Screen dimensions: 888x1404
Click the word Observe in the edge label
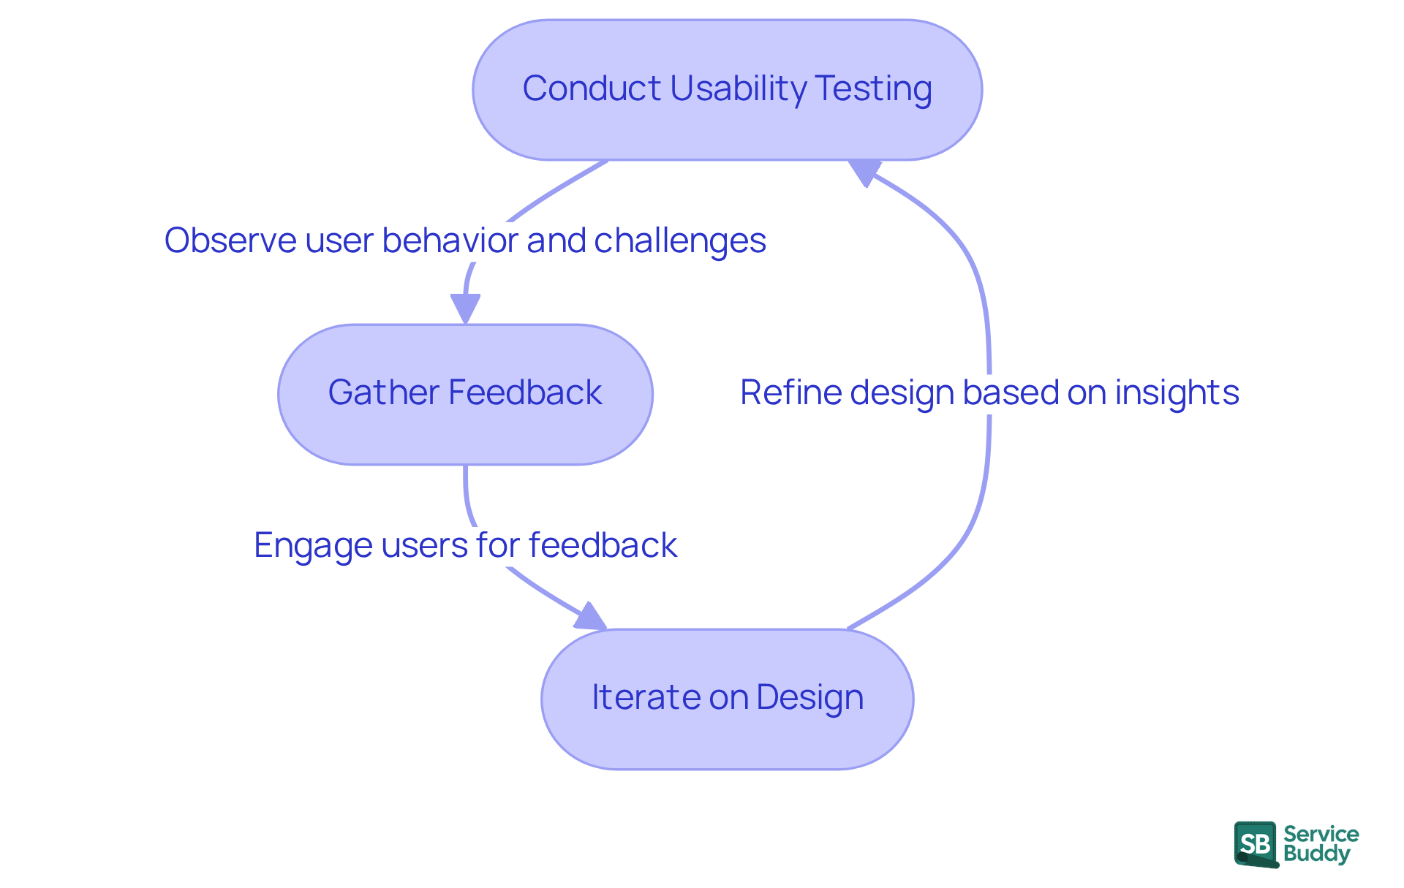[x=230, y=240]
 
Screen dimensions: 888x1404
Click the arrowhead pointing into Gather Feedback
[x=465, y=307]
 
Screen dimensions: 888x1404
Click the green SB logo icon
[x=1256, y=844]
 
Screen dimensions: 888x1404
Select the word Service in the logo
[x=1321, y=834]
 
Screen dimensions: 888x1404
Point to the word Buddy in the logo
[x=1316, y=854]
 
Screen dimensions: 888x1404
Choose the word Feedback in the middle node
[x=525, y=392]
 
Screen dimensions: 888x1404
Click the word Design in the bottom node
[x=809, y=697]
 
